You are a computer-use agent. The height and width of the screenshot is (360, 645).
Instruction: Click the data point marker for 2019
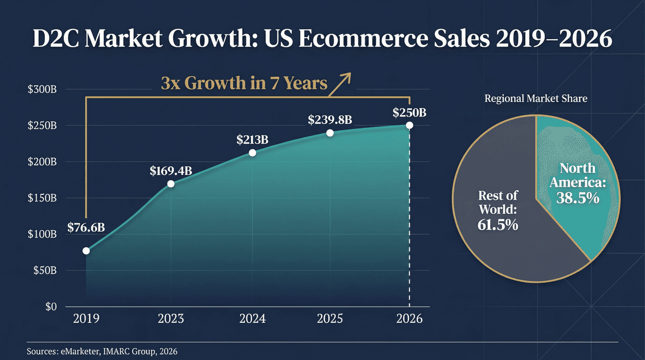pyautogui.click(x=86, y=251)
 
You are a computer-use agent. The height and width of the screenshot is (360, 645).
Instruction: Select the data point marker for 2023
pyautogui.click(x=171, y=184)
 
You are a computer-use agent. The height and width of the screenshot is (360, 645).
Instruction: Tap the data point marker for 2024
pyautogui.click(x=253, y=153)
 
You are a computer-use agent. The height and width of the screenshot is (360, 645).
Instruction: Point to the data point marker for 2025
pyautogui.click(x=330, y=133)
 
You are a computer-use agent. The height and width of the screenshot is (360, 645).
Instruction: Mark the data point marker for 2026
pyautogui.click(x=409, y=125)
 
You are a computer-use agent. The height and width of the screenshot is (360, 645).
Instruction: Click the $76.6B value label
pyautogui.click(x=86, y=227)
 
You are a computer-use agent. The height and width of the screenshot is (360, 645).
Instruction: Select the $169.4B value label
pyautogui.click(x=171, y=171)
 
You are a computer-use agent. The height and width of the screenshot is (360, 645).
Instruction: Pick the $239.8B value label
pyautogui.click(x=330, y=120)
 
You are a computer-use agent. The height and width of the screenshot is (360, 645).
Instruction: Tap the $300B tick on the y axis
pyautogui.click(x=42, y=90)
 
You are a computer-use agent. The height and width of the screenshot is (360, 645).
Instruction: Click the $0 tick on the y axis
pyautogui.click(x=50, y=307)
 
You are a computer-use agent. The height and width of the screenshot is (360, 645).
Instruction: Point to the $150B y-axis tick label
pyautogui.click(x=42, y=198)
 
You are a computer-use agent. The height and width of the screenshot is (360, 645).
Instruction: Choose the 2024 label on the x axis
pyautogui.click(x=252, y=319)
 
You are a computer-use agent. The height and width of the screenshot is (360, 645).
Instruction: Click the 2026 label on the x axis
pyautogui.click(x=410, y=319)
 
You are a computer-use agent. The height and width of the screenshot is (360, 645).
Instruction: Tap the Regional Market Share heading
pyautogui.click(x=536, y=98)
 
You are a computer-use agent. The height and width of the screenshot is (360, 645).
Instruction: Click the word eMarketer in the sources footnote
pyautogui.click(x=78, y=351)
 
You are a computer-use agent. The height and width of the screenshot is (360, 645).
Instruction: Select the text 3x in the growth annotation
pyautogui.click(x=171, y=83)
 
